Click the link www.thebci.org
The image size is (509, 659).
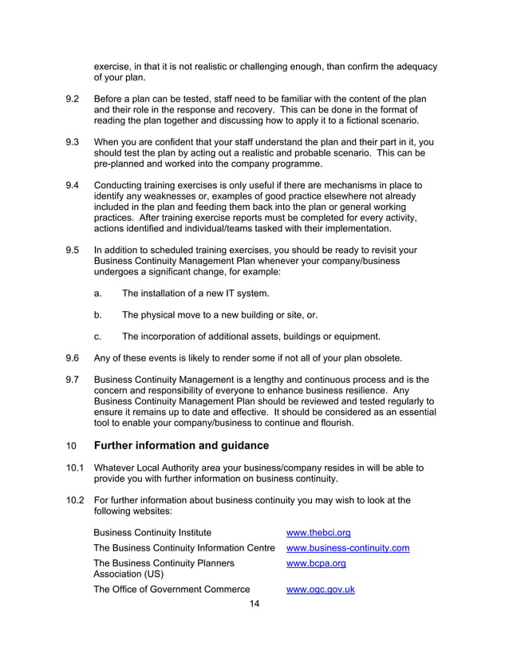coord(318,532)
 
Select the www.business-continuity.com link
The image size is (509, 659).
coord(348,548)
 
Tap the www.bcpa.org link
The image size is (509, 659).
coord(316,563)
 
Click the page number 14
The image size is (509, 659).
coord(254,604)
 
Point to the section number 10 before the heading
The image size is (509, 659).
coord(70,445)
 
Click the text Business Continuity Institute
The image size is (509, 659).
coord(152,532)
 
